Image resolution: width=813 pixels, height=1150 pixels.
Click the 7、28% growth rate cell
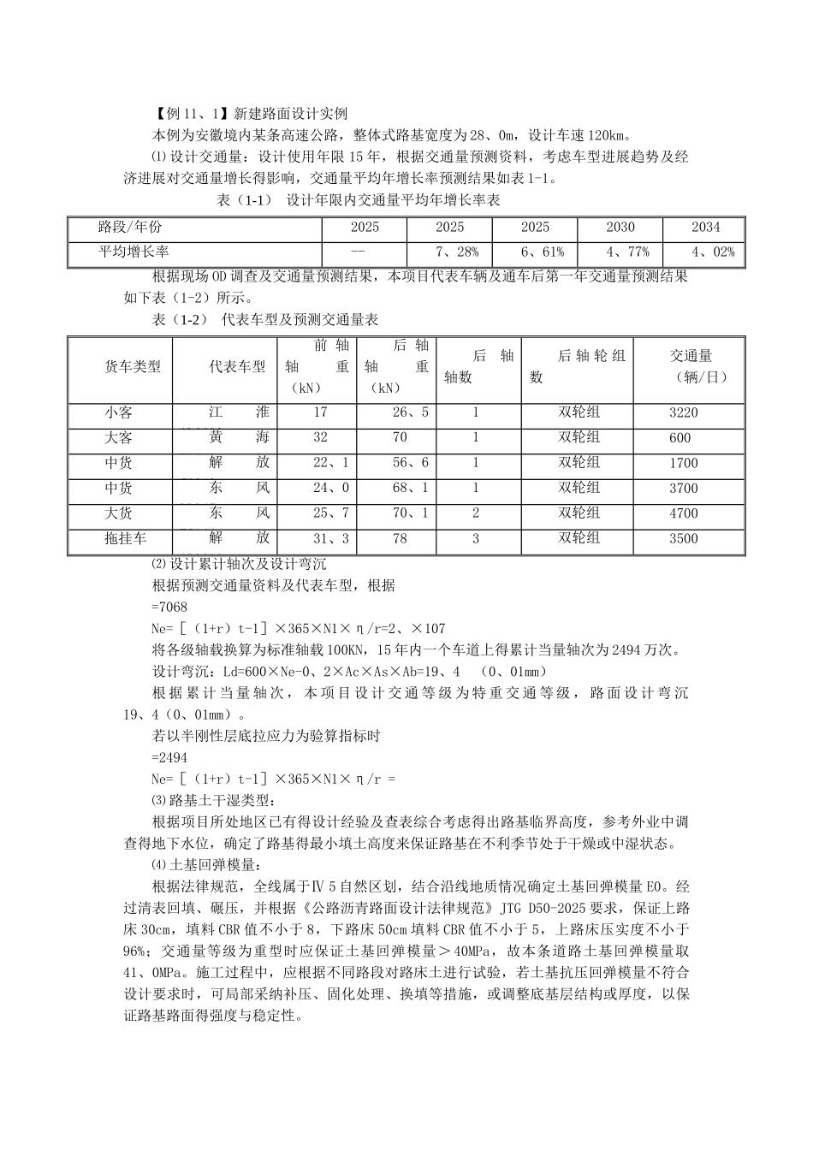coord(450,252)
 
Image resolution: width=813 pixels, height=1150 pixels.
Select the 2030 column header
coord(620,228)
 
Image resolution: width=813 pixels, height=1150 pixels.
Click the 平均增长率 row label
coord(134,252)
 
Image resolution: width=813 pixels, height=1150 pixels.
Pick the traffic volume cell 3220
coord(684,412)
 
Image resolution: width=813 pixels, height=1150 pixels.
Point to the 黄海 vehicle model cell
coord(239,437)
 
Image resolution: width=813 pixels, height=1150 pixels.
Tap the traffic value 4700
coord(684,513)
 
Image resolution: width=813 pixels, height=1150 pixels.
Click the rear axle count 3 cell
coord(476,539)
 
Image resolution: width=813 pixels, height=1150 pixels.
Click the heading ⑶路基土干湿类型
coord(211,801)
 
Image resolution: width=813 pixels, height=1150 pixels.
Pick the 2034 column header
coord(706,228)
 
